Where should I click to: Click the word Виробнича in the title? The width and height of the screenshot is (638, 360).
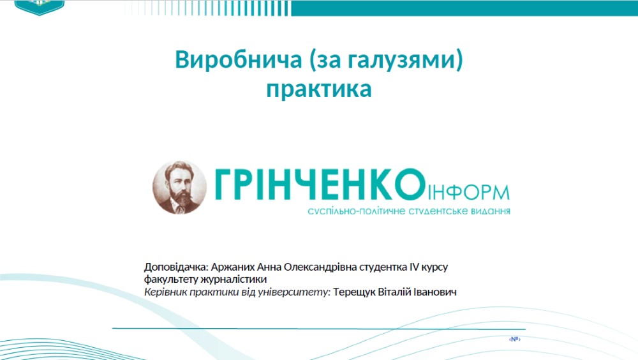(239, 59)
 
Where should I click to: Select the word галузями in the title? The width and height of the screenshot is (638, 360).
(401, 60)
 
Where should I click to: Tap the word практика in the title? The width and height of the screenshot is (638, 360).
(319, 89)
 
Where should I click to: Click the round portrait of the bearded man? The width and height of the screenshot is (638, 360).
(179, 187)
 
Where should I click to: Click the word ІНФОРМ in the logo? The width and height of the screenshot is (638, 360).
(468, 192)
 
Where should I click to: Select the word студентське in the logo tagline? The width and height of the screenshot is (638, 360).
(438, 211)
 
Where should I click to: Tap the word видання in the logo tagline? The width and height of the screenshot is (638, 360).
(491, 211)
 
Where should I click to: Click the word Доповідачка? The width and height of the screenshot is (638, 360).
(176, 267)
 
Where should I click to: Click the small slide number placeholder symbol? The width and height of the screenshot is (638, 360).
(514, 339)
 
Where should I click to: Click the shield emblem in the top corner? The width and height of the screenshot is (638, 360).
(39, 7)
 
